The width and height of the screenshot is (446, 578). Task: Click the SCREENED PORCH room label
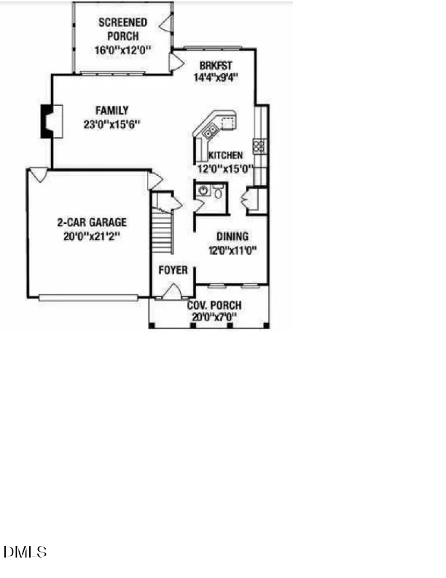[x=123, y=29]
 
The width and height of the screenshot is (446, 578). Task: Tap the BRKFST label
[x=216, y=66]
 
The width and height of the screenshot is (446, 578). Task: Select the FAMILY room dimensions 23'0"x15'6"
[x=112, y=124]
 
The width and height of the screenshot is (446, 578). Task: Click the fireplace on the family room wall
[x=51, y=122]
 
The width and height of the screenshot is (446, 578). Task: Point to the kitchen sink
[x=211, y=131]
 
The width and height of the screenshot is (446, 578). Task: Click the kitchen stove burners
[x=259, y=146]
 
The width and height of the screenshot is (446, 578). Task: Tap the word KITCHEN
[x=226, y=155]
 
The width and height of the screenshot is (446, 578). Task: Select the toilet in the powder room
[x=218, y=191]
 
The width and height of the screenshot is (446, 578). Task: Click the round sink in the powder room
[x=203, y=190]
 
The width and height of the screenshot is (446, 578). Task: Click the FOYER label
[x=173, y=270]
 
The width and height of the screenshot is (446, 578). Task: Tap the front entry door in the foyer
[x=172, y=292]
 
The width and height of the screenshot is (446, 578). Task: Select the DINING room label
[x=232, y=236]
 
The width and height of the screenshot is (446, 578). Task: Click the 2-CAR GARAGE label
[x=92, y=223]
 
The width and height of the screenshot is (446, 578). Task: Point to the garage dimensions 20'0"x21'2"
[x=92, y=236]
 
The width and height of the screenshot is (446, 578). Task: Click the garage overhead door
[x=88, y=298]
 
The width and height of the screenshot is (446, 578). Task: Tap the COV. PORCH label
[x=214, y=305]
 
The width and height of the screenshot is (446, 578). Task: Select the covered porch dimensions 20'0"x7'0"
[x=214, y=317]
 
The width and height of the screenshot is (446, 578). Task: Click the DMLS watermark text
[x=25, y=552]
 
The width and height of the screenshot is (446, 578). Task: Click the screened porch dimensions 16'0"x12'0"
[x=123, y=50]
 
